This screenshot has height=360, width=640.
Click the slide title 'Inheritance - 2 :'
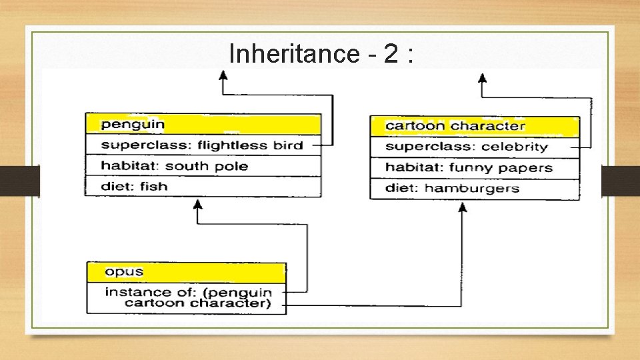click(x=321, y=53)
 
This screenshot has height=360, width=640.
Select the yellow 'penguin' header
click(x=203, y=124)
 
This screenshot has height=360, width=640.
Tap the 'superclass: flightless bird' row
click(x=203, y=145)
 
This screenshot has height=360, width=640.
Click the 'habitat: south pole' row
click(x=203, y=165)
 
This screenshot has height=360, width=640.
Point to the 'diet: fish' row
click(x=203, y=186)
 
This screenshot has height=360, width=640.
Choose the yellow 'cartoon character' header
click(x=474, y=126)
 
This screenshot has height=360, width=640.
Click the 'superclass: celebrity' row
click(x=474, y=147)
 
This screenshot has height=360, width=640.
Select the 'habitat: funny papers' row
click(x=474, y=167)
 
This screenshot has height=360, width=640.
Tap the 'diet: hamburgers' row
click(x=474, y=188)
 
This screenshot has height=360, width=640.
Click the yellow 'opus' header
click(x=187, y=272)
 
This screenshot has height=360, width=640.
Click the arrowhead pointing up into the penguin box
click(x=197, y=203)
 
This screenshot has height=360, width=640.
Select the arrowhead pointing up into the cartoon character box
click(x=463, y=207)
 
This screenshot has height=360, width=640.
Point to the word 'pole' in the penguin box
click(x=233, y=165)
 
